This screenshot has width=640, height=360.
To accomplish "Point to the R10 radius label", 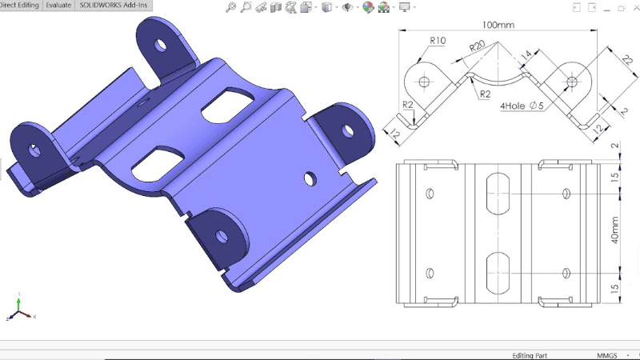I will [438, 40].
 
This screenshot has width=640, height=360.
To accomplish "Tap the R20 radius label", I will [478, 46].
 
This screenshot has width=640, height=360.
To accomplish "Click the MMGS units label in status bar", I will [607, 354].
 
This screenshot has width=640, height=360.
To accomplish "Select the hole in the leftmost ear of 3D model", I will [34, 149].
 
